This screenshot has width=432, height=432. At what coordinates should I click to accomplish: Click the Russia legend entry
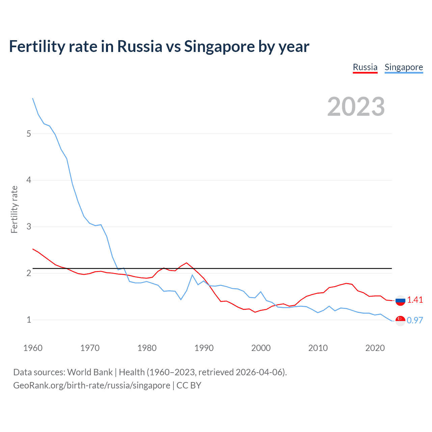[365, 67]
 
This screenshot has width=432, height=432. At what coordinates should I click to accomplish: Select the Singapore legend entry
[404, 67]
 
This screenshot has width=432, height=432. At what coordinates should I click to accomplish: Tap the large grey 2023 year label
[356, 107]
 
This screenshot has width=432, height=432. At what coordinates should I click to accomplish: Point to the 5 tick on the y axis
[29, 134]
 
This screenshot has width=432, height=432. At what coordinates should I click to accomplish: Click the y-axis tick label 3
[29, 226]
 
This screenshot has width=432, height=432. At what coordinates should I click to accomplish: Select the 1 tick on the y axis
[29, 320]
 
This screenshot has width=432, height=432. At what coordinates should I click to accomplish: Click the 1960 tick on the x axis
[33, 348]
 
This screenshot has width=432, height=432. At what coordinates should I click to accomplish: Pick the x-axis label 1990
[204, 348]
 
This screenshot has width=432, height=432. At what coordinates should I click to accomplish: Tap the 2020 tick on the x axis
[375, 348]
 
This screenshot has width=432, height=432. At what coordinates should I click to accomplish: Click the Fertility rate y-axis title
[14, 209]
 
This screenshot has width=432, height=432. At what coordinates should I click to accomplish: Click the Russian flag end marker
[400, 300]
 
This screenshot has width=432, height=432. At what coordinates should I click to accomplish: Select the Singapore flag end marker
[400, 321]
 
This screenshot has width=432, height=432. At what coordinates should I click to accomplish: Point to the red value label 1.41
[415, 300]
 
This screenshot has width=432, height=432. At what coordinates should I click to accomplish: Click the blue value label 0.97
[415, 320]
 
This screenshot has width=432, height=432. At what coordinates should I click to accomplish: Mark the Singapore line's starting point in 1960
[33, 98]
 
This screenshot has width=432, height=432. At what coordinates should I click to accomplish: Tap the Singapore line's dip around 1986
[181, 299]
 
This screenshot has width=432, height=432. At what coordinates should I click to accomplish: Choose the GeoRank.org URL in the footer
[91, 385]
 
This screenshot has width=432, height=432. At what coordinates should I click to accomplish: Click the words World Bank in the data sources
[90, 372]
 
